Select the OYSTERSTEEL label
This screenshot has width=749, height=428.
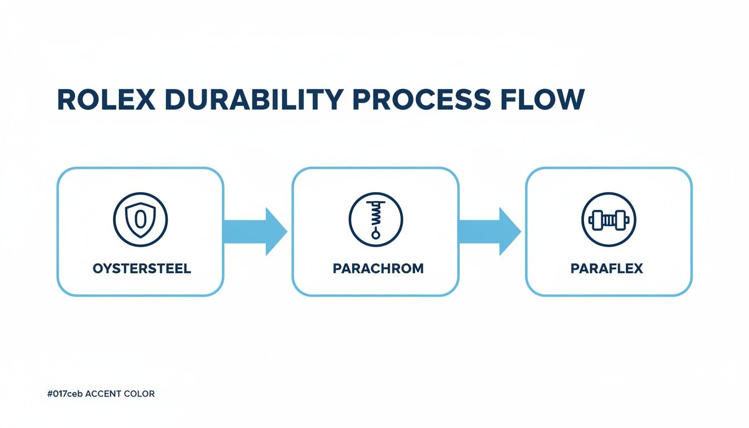pos(142,269)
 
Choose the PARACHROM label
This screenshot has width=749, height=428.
pos(378,269)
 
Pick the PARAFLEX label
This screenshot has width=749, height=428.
pos(607,269)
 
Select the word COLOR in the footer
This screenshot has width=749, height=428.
pos(142,394)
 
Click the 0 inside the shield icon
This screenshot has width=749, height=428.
pos(140,220)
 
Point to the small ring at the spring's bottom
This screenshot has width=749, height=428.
pos(375,235)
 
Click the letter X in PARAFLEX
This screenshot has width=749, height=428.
pos(637,269)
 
